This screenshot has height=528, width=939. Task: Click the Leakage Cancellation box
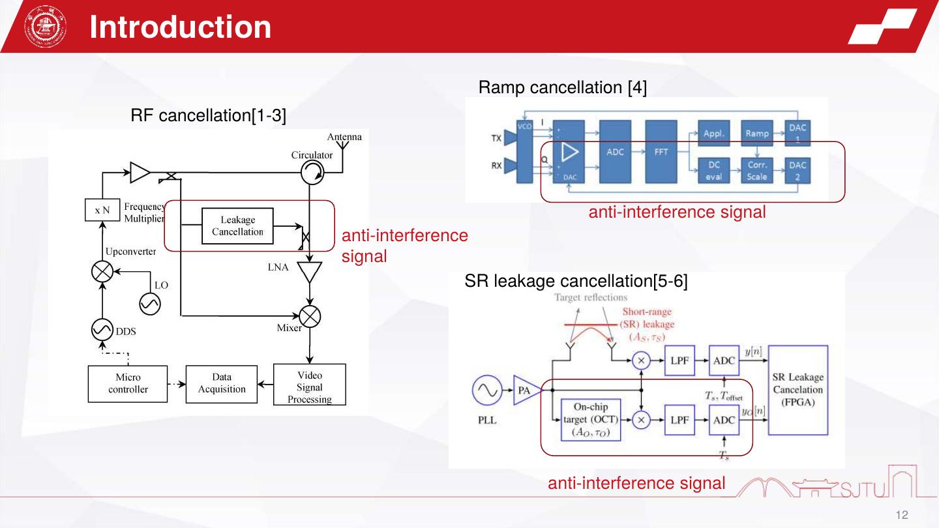click(x=237, y=226)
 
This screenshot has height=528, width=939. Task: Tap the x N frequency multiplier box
click(x=102, y=211)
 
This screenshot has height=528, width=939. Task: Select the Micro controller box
click(x=128, y=384)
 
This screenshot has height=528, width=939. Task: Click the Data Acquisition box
click(x=221, y=384)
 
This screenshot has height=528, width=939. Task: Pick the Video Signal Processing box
click(x=309, y=387)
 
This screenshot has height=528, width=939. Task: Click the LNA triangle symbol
click(x=309, y=271)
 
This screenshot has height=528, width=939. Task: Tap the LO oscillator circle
click(x=150, y=304)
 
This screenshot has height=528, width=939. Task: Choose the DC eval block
click(x=714, y=171)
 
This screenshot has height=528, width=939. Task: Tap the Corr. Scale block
click(x=756, y=171)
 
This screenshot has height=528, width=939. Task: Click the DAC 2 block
click(x=797, y=171)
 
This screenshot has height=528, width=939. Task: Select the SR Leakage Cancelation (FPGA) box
click(x=798, y=390)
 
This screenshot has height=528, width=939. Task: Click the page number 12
click(x=902, y=515)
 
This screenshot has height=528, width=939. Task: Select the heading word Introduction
click(x=181, y=27)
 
